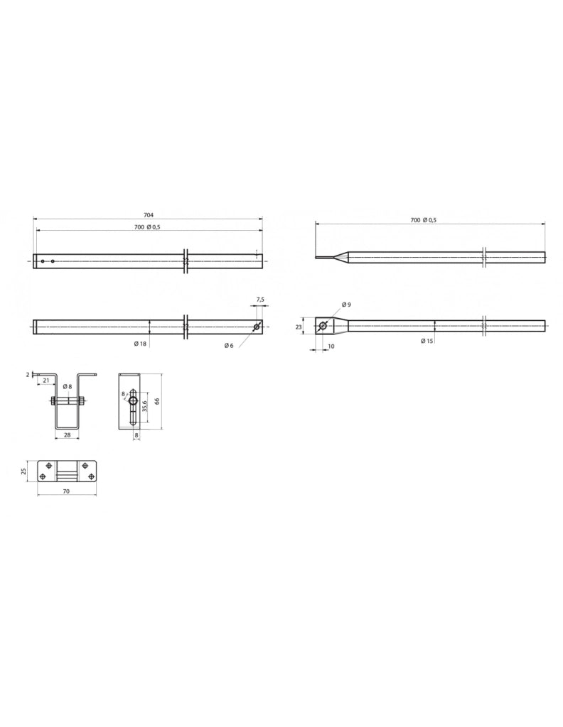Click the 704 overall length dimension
(149, 214)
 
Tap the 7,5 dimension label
(260, 300)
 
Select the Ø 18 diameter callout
(140, 344)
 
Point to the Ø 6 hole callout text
(228, 346)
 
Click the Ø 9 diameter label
(346, 304)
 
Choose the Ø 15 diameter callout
(427, 341)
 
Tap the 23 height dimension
(299, 327)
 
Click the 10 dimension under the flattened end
(331, 346)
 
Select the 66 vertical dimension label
(157, 401)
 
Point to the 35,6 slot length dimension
(145, 406)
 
